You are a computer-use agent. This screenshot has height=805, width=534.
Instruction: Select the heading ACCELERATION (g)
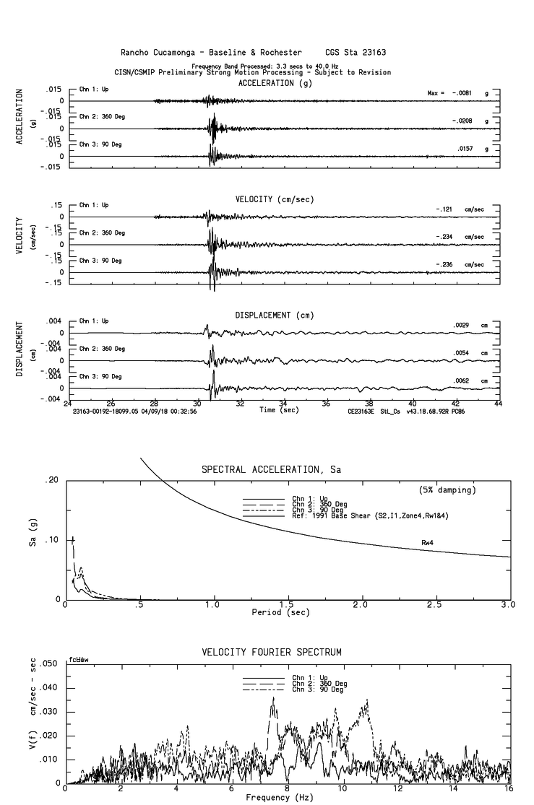coord(277,83)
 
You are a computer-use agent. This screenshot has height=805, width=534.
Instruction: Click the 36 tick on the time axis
coord(327,404)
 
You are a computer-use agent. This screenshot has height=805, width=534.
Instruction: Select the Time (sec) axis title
coord(280,409)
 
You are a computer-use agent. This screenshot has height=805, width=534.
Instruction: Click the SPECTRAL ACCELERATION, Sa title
coord(271,470)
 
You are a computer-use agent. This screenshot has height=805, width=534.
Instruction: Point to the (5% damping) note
coord(447,490)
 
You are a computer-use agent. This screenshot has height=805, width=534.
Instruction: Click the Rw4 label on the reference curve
coord(429,541)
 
